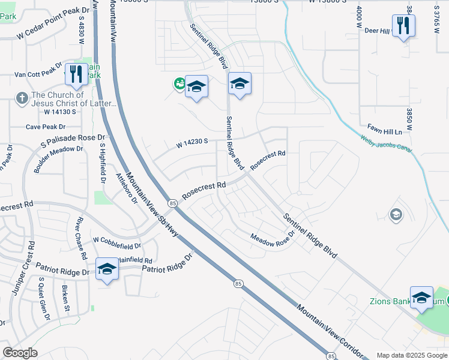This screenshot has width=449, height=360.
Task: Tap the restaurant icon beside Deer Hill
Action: pos(403,26)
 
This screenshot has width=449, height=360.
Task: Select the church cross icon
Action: pos(22,98)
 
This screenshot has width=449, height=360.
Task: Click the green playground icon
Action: pos(179,84)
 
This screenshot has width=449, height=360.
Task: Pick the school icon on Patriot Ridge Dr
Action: pos(107,269)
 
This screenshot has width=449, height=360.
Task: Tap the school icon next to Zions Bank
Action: pos(421,297)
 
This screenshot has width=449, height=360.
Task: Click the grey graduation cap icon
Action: pos(396,214)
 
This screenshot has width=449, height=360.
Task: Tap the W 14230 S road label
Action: pos(192,143)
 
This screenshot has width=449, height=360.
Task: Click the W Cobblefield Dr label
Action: pos(117,242)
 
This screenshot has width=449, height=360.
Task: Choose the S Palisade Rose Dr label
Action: pos(73,141)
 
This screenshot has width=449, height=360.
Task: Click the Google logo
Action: pos(20,353)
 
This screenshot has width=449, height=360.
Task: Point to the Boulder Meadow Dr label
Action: pos(58,158)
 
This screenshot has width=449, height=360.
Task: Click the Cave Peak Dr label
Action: pos(46,127)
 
